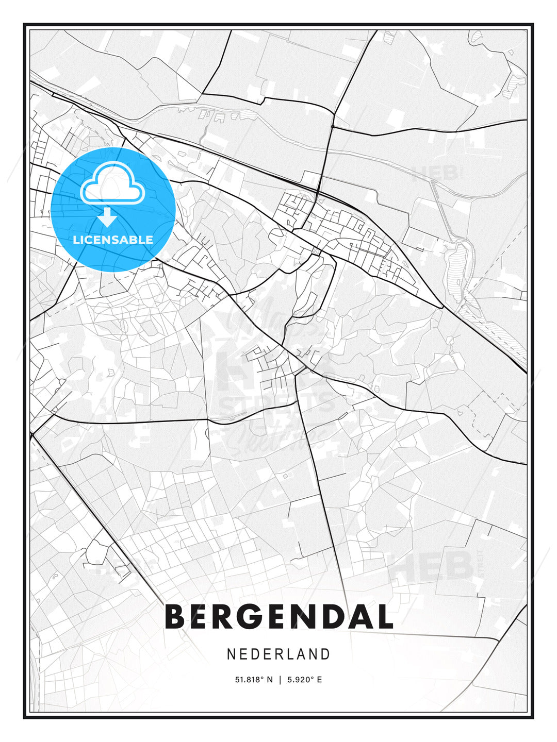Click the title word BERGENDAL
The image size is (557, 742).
pos(278,617)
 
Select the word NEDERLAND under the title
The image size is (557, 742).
pos(278,654)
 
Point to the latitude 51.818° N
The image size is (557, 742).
pos(254,680)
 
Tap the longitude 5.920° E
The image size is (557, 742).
pos(304,680)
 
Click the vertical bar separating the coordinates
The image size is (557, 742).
pos(279,680)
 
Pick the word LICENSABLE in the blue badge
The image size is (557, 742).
pos(113,240)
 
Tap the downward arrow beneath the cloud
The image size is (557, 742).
pos(107,217)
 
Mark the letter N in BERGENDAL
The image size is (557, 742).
pos(303,617)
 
